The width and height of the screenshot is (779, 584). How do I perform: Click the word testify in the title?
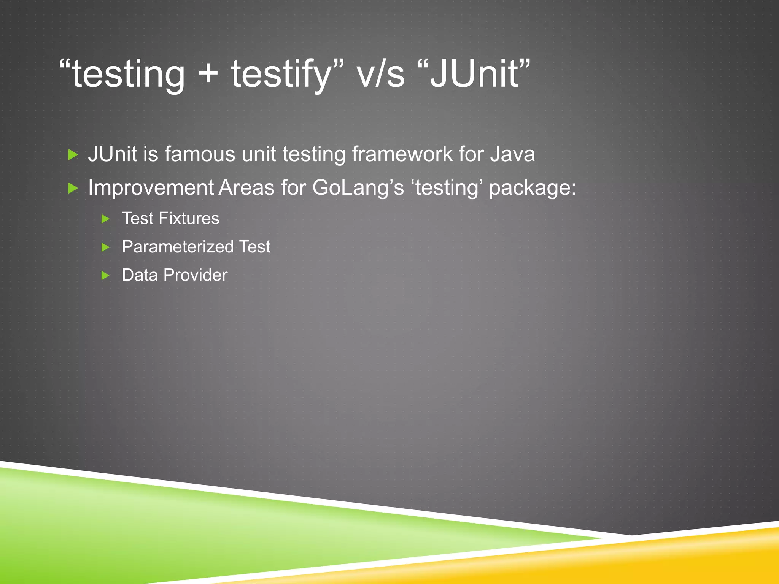tap(281, 74)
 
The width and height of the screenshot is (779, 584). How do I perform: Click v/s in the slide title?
tap(381, 74)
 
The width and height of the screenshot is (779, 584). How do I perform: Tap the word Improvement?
tap(151, 187)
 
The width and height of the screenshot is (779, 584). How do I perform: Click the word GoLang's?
tap(358, 188)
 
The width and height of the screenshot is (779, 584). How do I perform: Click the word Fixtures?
tap(189, 219)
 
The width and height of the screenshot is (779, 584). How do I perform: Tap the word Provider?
tap(196, 275)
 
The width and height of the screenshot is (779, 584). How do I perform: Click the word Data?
tap(140, 275)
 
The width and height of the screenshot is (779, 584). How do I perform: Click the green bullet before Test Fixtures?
tap(106, 219)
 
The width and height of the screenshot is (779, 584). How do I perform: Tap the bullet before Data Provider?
tap(106, 276)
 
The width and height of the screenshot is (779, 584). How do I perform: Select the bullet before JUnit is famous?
tap(73, 155)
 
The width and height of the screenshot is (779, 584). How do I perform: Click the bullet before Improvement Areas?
tap(73, 188)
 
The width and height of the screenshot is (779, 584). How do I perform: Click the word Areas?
tap(246, 187)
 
